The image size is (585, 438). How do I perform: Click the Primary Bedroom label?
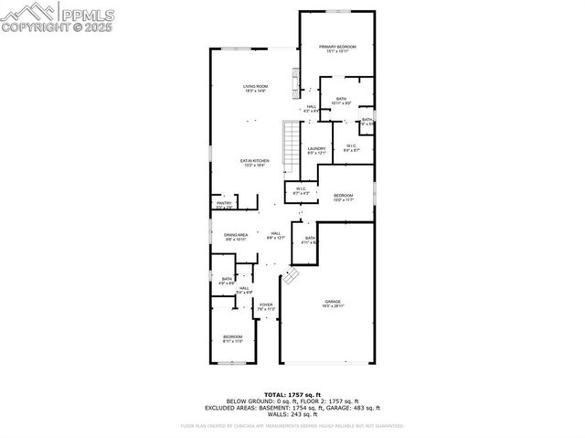coord(337,48)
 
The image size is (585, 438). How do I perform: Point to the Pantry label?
coord(224,205)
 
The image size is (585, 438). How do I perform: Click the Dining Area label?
coord(236,237)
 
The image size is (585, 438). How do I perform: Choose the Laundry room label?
coord(317,151)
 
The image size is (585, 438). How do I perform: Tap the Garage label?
coord(333,304)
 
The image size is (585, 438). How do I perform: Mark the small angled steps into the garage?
coord(290,275)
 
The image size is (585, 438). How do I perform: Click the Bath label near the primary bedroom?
coord(341,101)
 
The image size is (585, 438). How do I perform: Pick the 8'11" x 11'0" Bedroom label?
coord(233,339)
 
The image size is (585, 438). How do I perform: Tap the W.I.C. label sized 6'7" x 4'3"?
coord(301,192)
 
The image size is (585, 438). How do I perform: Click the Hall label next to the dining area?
coord(275,235)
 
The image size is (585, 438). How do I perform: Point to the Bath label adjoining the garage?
coord(310,240)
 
